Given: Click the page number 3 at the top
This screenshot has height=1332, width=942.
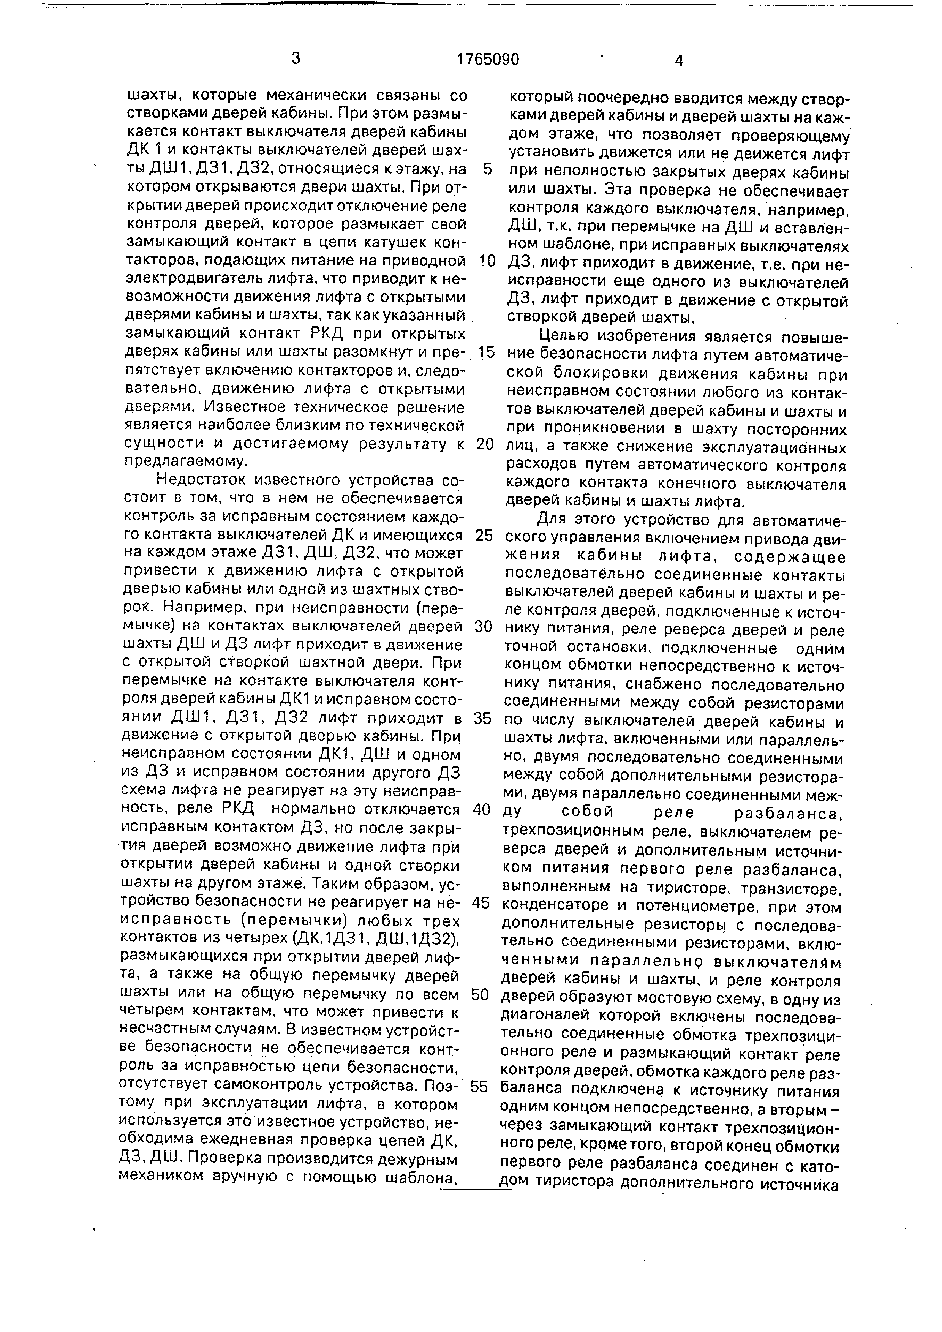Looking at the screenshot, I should click(296, 58).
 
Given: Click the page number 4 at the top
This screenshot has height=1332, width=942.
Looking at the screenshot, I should click(679, 61).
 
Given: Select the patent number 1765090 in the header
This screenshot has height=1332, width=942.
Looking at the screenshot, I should click(488, 60).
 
